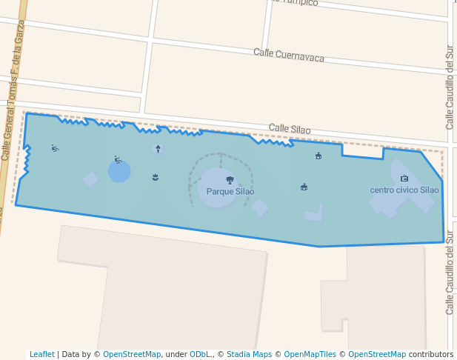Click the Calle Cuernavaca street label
pyautogui.click(x=289, y=56)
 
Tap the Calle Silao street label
pyautogui.click(x=290, y=129)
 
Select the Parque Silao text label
pyautogui.click(x=230, y=192)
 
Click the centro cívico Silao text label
pyautogui.click(x=404, y=190)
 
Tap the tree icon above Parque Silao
pyautogui.click(x=230, y=180)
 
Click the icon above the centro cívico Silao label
pyautogui.click(x=404, y=179)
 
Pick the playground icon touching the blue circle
pyautogui.click(x=118, y=159)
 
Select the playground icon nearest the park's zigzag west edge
pyautogui.click(x=55, y=148)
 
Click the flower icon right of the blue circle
pyautogui.click(x=155, y=177)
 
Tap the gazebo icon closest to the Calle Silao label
pyautogui.click(x=318, y=156)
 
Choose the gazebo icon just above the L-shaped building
pyautogui.click(x=304, y=187)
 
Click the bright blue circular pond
pyautogui.click(x=119, y=172)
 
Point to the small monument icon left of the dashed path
pyautogui.click(x=158, y=149)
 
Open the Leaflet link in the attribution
pyautogui.click(x=41, y=355)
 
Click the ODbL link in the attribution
pyautogui.click(x=200, y=355)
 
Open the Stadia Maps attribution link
pyautogui.click(x=249, y=355)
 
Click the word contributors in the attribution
pyautogui.click(x=431, y=355)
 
